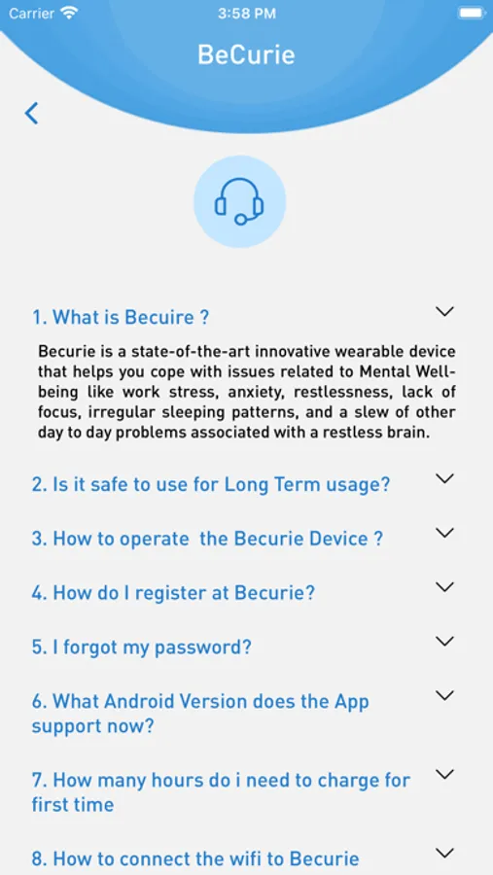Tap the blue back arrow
[32, 113]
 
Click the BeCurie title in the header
[246, 54]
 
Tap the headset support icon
[240, 201]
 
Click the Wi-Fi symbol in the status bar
[69, 14]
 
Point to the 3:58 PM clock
[246, 14]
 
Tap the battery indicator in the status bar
[472, 14]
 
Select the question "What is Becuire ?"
[121, 318]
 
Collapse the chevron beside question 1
[444, 311]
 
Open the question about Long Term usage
[210, 484]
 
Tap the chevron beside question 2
[444, 478]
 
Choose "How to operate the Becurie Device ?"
[208, 539]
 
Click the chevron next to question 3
[444, 533]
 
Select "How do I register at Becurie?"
[173, 593]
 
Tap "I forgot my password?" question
[142, 647]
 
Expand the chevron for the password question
[444, 642]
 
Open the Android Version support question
[200, 714]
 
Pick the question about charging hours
[221, 791]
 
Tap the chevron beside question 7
[444, 774]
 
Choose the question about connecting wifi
[195, 858]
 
